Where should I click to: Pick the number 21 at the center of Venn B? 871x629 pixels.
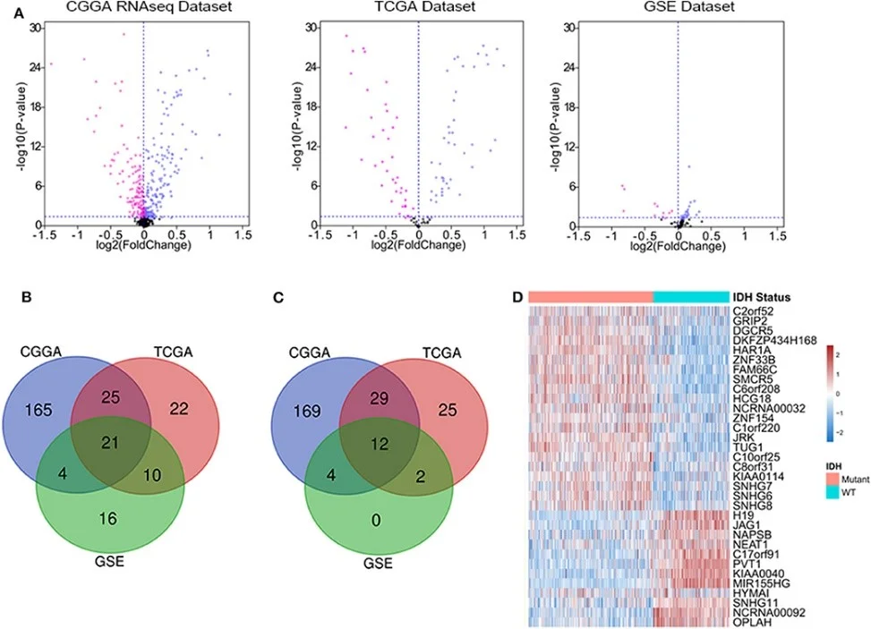[110, 442]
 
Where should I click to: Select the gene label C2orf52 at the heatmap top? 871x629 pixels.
[752, 310]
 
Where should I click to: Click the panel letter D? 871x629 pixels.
[517, 297]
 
